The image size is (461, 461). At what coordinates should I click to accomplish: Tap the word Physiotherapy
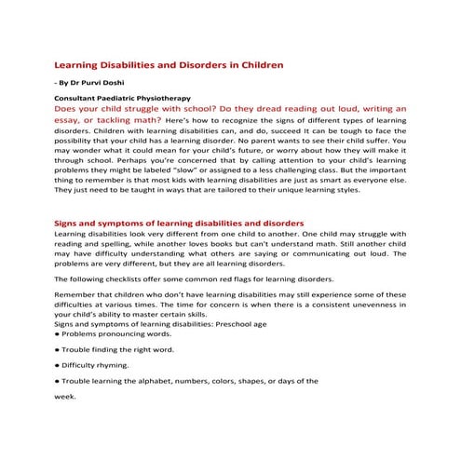pyautogui.click(x=164, y=97)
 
